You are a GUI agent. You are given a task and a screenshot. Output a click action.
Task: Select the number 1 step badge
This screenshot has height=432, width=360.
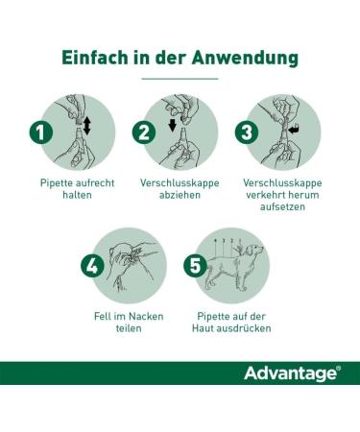point(41,132)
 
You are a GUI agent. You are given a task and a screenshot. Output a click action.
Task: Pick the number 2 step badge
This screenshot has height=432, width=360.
point(144,132)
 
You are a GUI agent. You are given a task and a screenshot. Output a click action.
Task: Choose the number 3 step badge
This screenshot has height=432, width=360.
point(247,132)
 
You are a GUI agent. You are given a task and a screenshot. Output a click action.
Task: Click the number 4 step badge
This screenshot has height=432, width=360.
point(92,265)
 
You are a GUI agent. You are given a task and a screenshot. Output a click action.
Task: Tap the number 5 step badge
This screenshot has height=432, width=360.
point(195,265)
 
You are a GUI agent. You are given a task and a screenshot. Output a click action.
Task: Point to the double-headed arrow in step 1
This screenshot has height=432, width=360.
point(86,126)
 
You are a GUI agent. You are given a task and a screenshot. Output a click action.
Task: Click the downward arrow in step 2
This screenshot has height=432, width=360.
point(173,125)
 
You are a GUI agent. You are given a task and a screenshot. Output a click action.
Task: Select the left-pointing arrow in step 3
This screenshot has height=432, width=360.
point(294,130)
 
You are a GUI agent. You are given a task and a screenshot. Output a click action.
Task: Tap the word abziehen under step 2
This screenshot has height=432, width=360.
point(180,195)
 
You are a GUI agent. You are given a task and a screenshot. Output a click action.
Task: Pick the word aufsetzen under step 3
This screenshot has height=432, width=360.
point(282,206)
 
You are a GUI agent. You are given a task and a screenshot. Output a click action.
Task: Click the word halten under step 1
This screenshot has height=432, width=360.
point(77,195)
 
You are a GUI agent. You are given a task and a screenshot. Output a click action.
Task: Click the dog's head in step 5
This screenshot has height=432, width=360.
point(255,250)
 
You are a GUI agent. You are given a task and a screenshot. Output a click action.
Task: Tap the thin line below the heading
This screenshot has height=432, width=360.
point(180,79)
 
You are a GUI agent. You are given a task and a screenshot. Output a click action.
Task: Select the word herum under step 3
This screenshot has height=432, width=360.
point(305,195)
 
